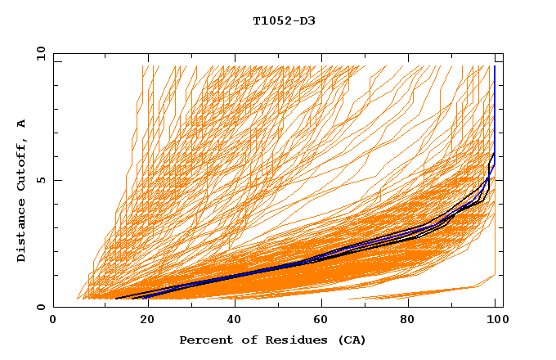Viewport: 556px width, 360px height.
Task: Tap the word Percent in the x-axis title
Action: (203, 340)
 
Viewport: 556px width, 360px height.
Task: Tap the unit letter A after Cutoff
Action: (22, 124)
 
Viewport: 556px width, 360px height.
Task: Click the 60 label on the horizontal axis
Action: (321, 320)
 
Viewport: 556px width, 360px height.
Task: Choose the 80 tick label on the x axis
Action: (409, 320)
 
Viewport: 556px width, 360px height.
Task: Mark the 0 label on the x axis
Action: (53, 320)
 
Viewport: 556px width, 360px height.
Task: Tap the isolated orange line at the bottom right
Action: (425, 292)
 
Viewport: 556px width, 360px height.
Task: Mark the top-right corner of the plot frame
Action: (503, 53)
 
